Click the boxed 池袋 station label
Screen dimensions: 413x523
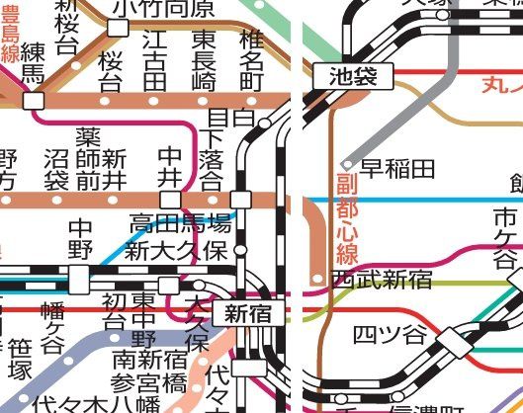point(353,75)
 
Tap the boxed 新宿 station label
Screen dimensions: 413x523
point(247,314)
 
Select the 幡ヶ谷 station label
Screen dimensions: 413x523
point(51,332)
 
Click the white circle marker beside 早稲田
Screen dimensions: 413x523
point(347,165)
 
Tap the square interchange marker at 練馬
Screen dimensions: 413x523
point(35,100)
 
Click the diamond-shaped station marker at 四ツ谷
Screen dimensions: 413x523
point(455,341)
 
